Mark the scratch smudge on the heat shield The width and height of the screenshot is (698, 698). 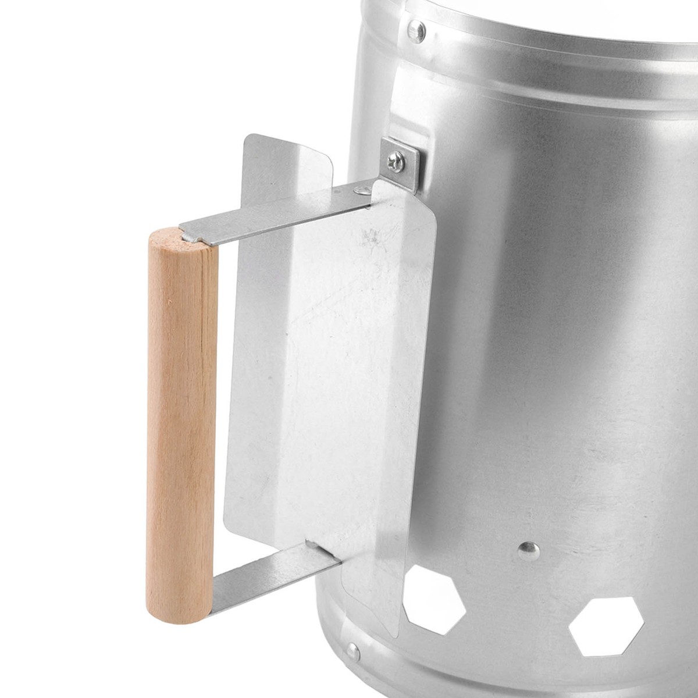[372, 238]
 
